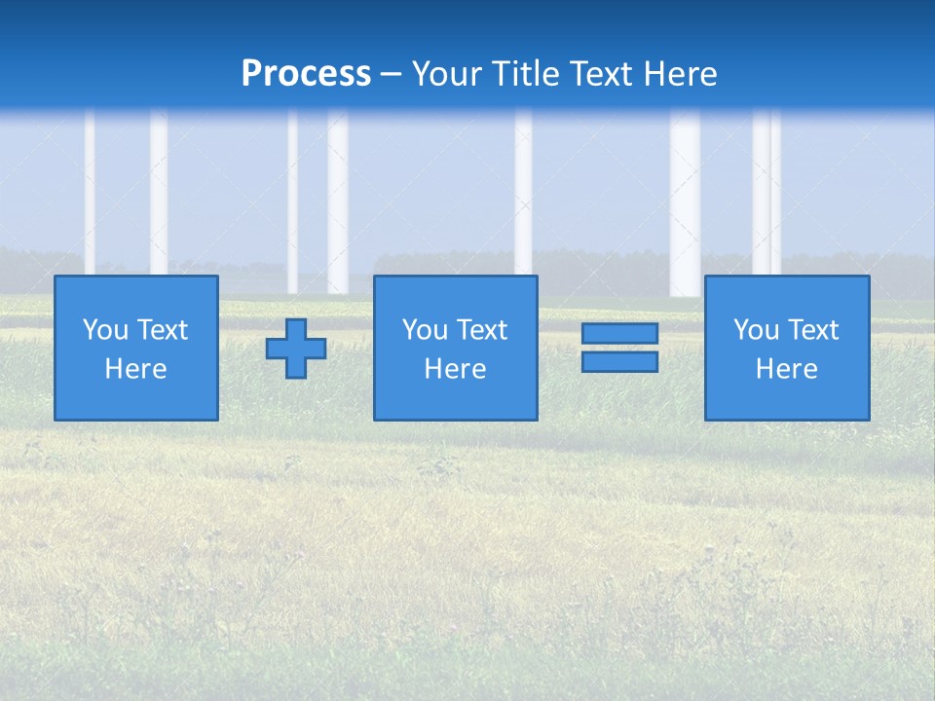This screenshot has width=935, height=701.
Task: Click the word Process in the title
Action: coord(306,74)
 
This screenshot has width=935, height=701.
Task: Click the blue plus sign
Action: coord(296,348)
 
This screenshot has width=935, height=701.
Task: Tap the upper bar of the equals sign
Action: coord(619,334)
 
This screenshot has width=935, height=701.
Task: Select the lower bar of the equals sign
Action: coord(619,362)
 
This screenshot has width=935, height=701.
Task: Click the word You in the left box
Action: coord(105,330)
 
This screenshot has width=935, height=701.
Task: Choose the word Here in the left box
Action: coord(135,369)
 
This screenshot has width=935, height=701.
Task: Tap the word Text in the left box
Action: coord(162,330)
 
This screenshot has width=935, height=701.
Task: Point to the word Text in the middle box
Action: coord(481,330)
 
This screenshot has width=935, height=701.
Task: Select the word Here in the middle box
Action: coord(455,369)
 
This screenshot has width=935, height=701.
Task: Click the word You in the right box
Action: coord(756,330)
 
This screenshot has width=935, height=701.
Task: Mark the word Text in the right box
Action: coord(812,330)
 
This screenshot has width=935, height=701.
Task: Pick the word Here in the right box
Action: coord(786,369)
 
